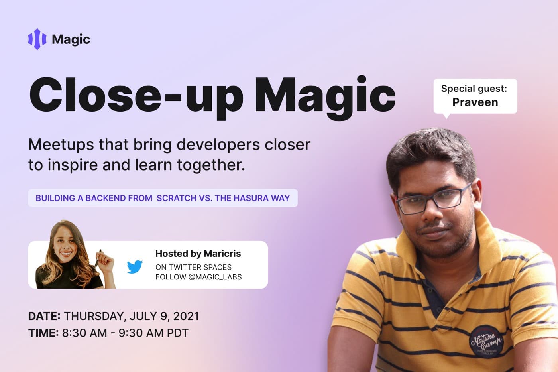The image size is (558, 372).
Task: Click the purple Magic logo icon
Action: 37,39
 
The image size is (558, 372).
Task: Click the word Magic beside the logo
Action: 71,40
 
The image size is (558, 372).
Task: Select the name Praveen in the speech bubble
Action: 475,102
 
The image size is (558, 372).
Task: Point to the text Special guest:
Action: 474,89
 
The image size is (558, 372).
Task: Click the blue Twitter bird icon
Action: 135,267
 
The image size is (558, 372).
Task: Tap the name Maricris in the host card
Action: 222,254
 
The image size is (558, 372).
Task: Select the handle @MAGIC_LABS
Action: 215,277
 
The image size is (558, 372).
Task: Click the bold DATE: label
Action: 44,316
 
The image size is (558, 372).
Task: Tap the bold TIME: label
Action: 43,333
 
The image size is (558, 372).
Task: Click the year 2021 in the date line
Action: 186,316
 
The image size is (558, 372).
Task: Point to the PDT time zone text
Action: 177,333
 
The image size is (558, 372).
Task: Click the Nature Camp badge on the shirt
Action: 485,342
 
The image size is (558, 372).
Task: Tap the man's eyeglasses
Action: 434,198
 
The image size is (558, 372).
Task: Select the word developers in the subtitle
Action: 218,145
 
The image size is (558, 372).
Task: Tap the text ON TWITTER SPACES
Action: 193,267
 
